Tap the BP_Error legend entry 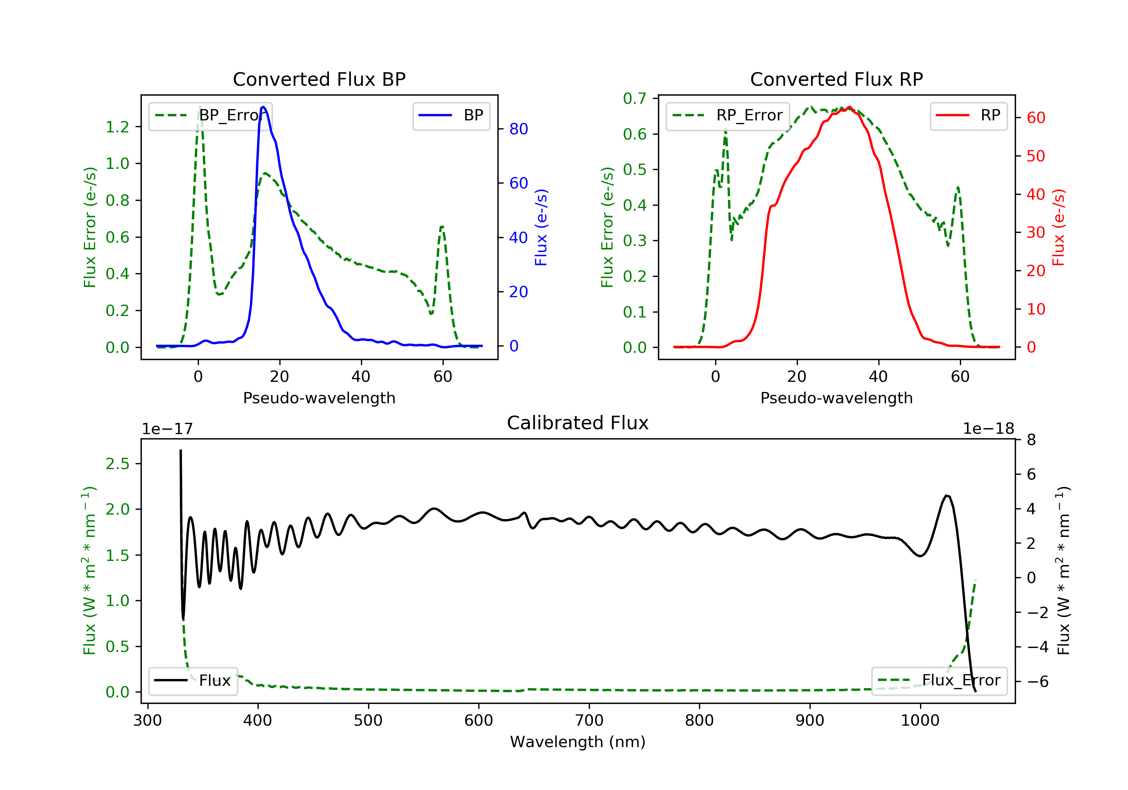pos(210,115)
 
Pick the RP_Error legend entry pos(728,115)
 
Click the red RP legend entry pos(968,115)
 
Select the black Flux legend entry pos(193,681)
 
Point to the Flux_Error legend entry pos(939,681)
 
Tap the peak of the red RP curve pos(849,107)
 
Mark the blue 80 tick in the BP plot pos(518,129)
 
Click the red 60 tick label pos(1036,118)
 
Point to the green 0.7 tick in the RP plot pos(634,99)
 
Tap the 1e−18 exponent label pos(988,429)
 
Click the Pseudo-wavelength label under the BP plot pos(319,398)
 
